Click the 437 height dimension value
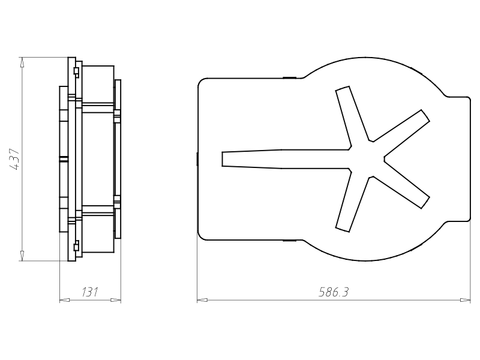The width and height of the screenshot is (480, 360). click(x=14, y=159)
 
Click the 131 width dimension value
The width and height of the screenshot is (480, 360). click(x=90, y=292)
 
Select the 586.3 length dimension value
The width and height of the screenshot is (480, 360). click(x=334, y=292)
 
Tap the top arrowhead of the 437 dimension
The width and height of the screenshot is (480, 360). click(x=22, y=62)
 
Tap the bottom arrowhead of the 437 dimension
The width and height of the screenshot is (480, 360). click(x=22, y=256)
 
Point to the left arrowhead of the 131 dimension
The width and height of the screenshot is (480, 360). click(x=64, y=300)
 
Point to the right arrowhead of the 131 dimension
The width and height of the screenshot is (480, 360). click(x=116, y=300)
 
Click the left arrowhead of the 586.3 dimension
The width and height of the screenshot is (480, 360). click(x=202, y=300)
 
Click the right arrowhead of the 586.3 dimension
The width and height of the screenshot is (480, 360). click(x=466, y=300)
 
